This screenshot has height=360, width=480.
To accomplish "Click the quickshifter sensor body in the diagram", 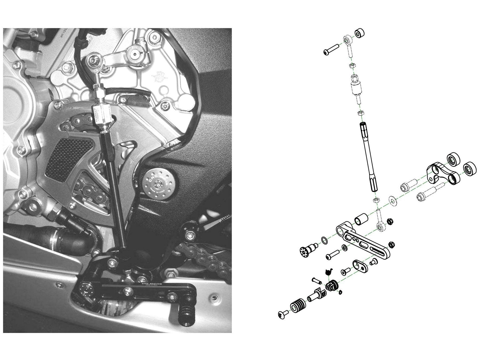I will [x=356, y=88].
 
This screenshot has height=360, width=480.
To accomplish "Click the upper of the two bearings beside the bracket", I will [x=453, y=159].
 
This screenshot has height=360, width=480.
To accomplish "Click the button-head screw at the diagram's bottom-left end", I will [x=282, y=315].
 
